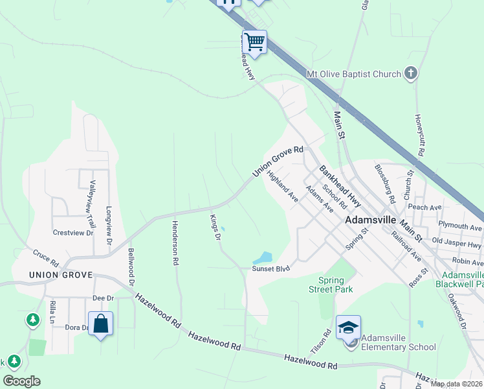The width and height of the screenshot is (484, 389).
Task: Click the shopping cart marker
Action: [254, 43]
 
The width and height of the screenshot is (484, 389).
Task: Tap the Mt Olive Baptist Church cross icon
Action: [411, 74]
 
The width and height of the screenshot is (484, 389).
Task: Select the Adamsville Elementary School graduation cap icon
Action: [348, 328]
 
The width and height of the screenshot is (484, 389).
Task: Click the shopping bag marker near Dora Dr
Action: [101, 324]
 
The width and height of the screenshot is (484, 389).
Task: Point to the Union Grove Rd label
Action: [278, 161]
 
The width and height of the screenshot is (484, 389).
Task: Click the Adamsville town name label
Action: [370, 220]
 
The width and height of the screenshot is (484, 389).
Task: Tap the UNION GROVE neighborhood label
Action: [61, 275]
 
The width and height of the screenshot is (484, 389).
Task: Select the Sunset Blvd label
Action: [270, 268]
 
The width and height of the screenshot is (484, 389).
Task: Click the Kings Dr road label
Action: [215, 227]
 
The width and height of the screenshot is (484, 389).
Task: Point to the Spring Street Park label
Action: [330, 284]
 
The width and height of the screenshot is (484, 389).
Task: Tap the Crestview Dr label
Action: [73, 232]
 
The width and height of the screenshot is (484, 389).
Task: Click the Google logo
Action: [21, 381]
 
